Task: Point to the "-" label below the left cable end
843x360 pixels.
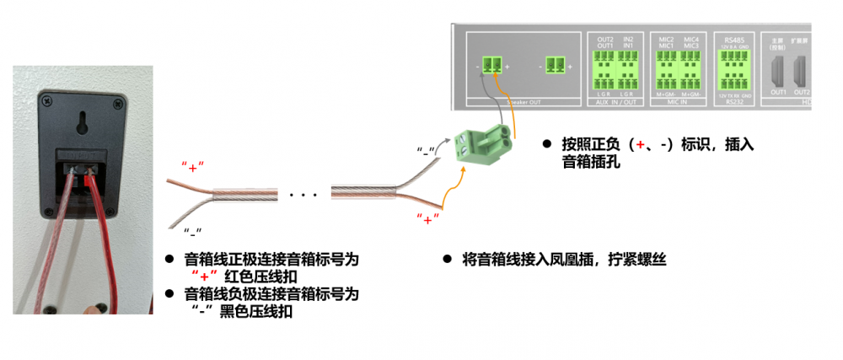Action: (194, 229)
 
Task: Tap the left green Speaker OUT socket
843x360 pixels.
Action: (491, 65)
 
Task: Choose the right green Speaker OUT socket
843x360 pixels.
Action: (555, 65)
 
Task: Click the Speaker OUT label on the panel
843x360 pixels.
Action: (522, 102)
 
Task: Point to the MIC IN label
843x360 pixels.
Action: (679, 102)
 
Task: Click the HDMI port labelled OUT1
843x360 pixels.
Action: (777, 71)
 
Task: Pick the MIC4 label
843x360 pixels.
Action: (691, 40)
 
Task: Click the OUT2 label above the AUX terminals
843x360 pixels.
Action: (604, 40)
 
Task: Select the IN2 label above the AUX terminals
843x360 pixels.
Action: (628, 40)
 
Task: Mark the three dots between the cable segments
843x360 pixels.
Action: (302, 196)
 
